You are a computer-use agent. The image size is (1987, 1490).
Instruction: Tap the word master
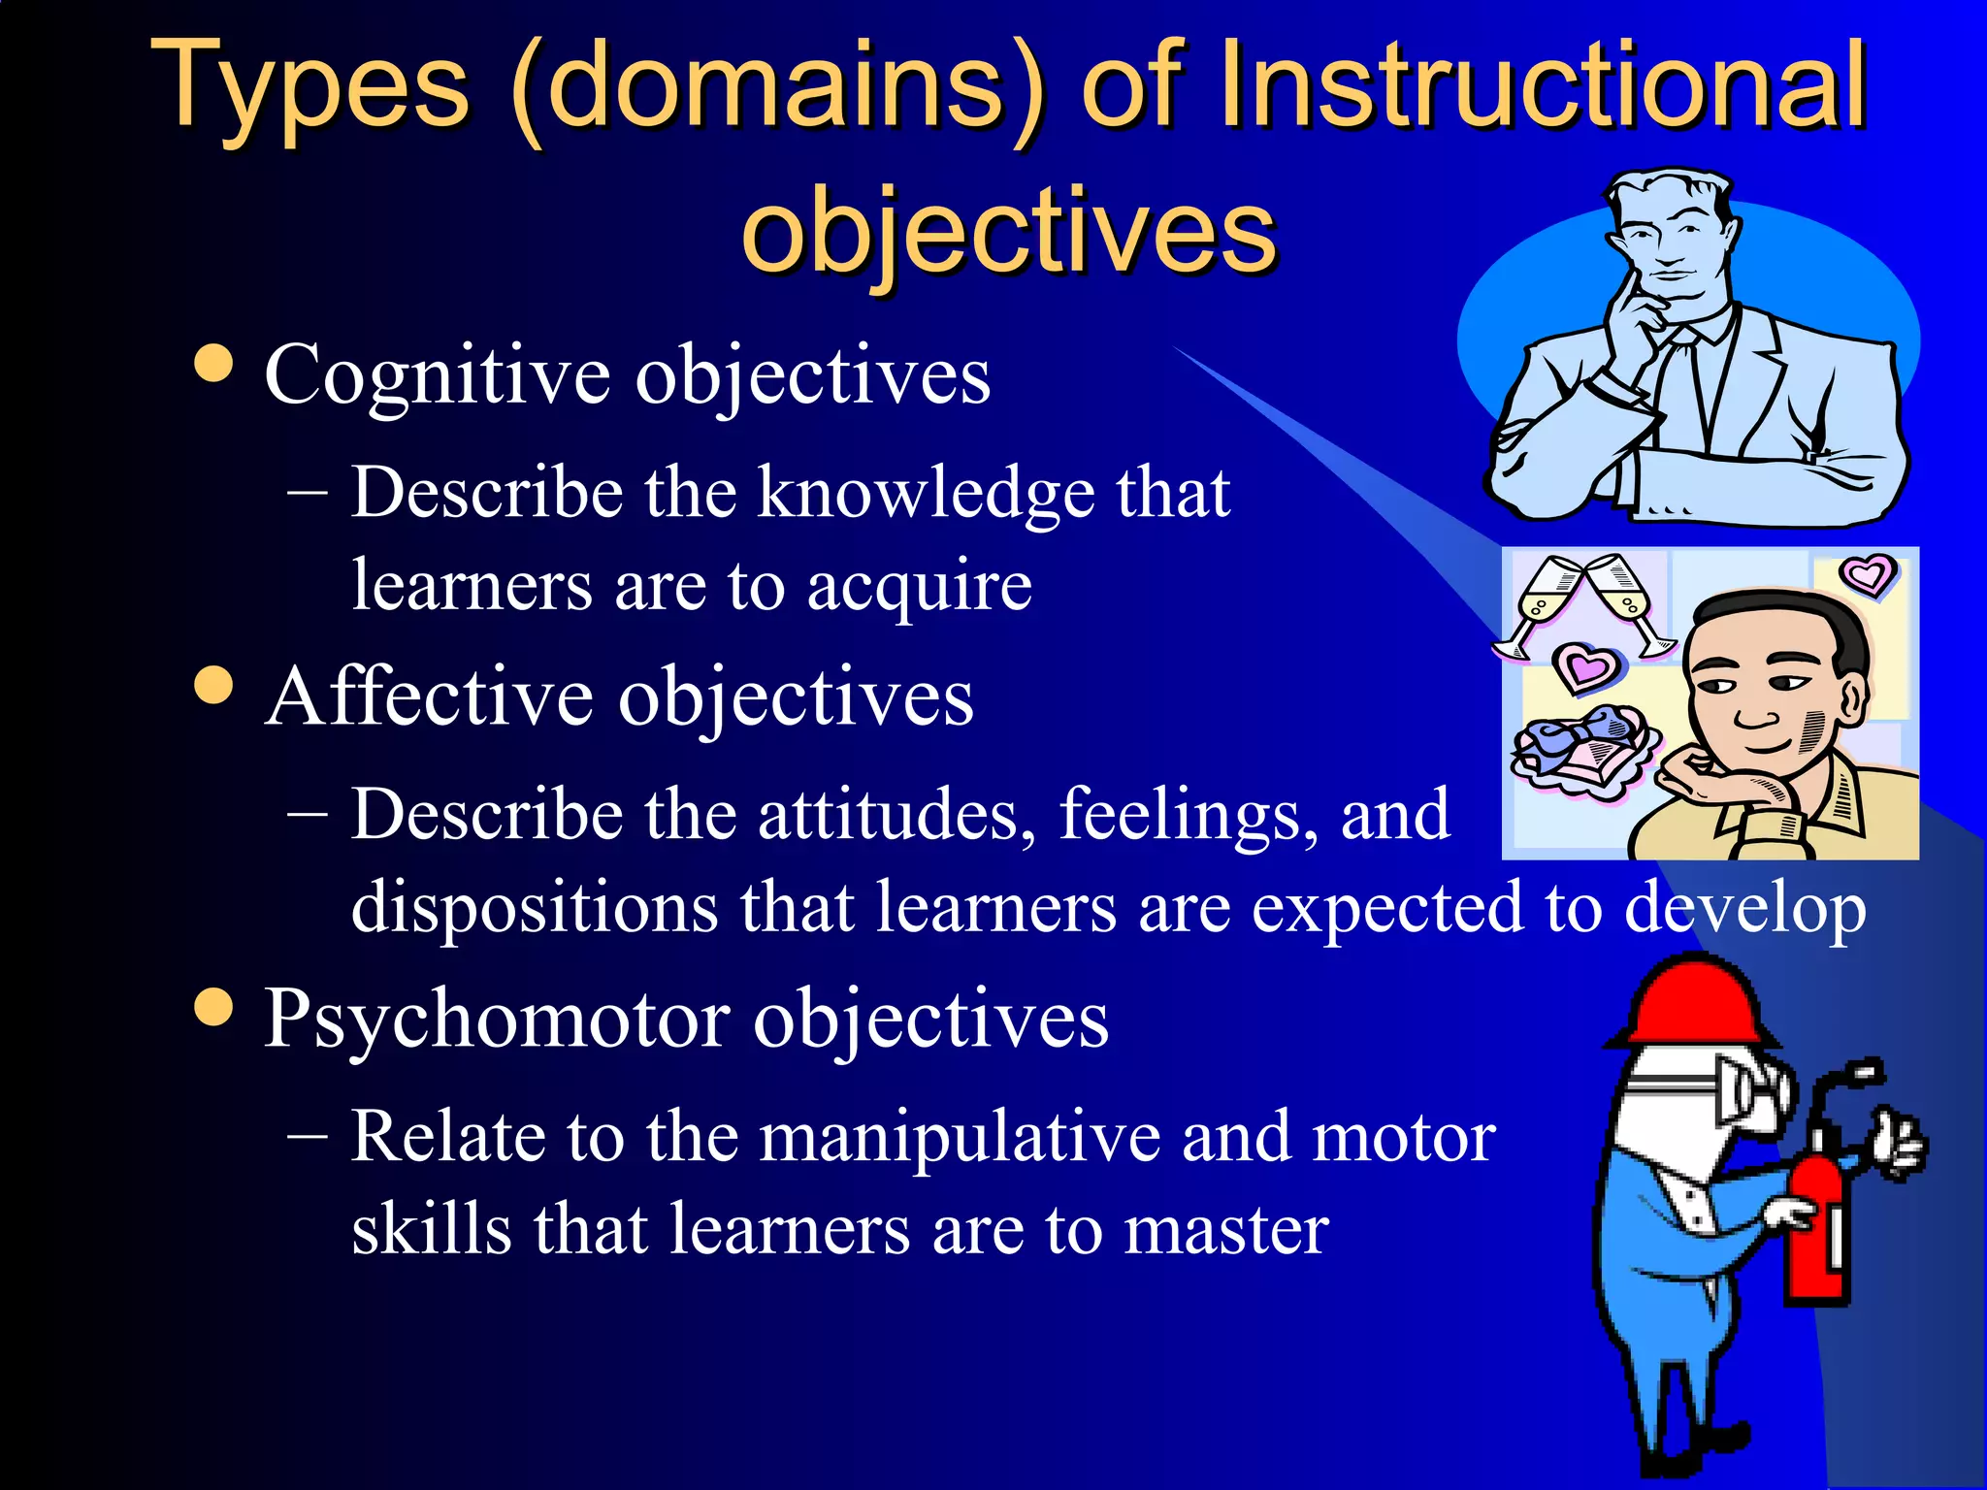coord(1226,1230)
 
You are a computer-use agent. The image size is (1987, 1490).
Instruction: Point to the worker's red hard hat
coord(1693,1004)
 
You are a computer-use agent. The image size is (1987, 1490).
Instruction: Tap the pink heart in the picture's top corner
coord(1868,575)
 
